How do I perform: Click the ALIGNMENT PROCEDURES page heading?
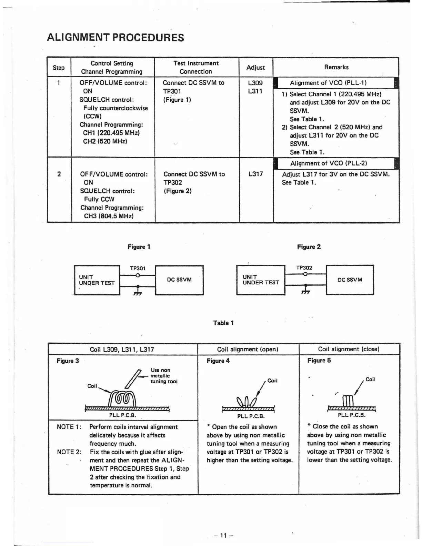[x=115, y=37]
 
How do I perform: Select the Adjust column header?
[x=255, y=68]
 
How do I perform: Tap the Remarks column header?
[x=336, y=67]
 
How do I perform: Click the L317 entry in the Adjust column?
[x=255, y=174]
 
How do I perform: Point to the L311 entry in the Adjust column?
[x=255, y=91]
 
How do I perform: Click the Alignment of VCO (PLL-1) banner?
[x=328, y=83]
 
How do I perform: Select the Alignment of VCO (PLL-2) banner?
[x=328, y=163]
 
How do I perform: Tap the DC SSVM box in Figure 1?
[x=179, y=280]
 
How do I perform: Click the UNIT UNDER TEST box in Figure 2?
[x=261, y=280]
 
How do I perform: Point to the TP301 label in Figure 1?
[x=138, y=268]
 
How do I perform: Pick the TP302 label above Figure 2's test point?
[x=304, y=267]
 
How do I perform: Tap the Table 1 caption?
[x=223, y=323]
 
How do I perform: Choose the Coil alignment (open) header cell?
[x=248, y=349]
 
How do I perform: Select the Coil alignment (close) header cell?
[x=349, y=349]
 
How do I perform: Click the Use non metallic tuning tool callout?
[x=164, y=376]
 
